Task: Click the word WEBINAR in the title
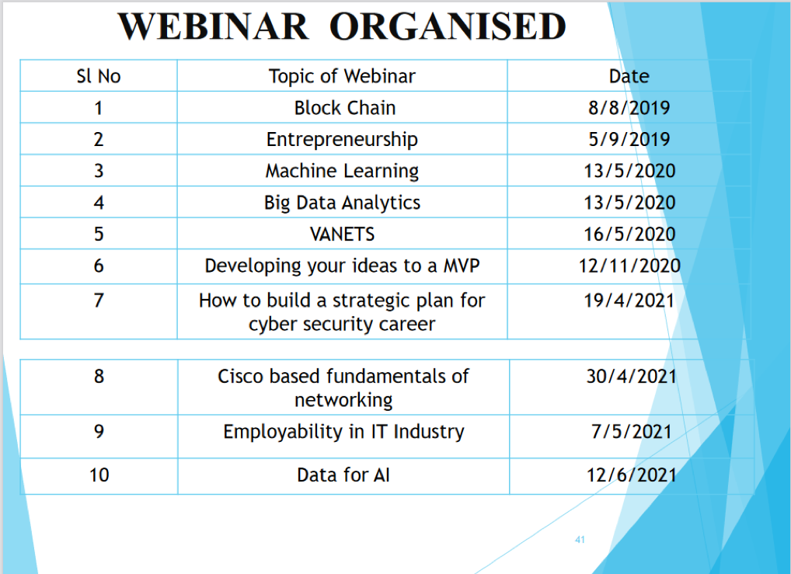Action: (213, 26)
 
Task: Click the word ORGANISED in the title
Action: (448, 26)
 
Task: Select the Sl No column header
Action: (99, 76)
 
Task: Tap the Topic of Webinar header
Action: (342, 76)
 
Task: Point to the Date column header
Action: (629, 76)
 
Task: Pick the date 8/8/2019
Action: (629, 108)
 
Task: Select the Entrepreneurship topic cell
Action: (342, 140)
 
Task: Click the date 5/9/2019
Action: (629, 140)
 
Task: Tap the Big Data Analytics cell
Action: (342, 203)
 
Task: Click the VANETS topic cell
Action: (342, 235)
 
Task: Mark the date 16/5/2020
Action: (629, 235)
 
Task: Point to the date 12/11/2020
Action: (629, 266)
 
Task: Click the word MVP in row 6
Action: (461, 266)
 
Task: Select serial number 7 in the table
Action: (99, 301)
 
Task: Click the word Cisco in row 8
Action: (240, 377)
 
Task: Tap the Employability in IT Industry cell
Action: (343, 433)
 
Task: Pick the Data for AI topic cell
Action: (343, 475)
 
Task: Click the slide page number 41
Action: (580, 540)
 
